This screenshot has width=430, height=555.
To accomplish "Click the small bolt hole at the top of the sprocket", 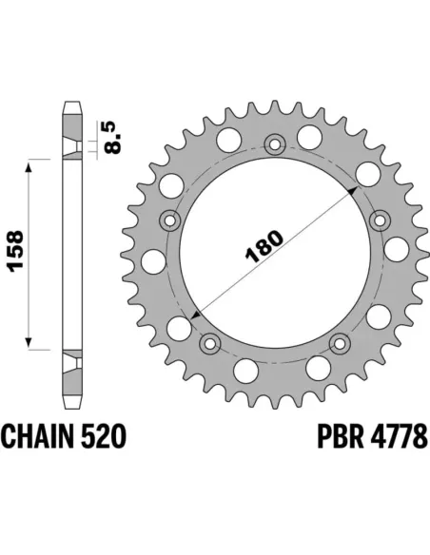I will pyautogui.click(x=276, y=144).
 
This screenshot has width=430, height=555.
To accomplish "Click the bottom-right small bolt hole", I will pyautogui.click(x=340, y=342).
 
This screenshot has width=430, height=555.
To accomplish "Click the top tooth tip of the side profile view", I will pyautogui.click(x=70, y=104).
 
